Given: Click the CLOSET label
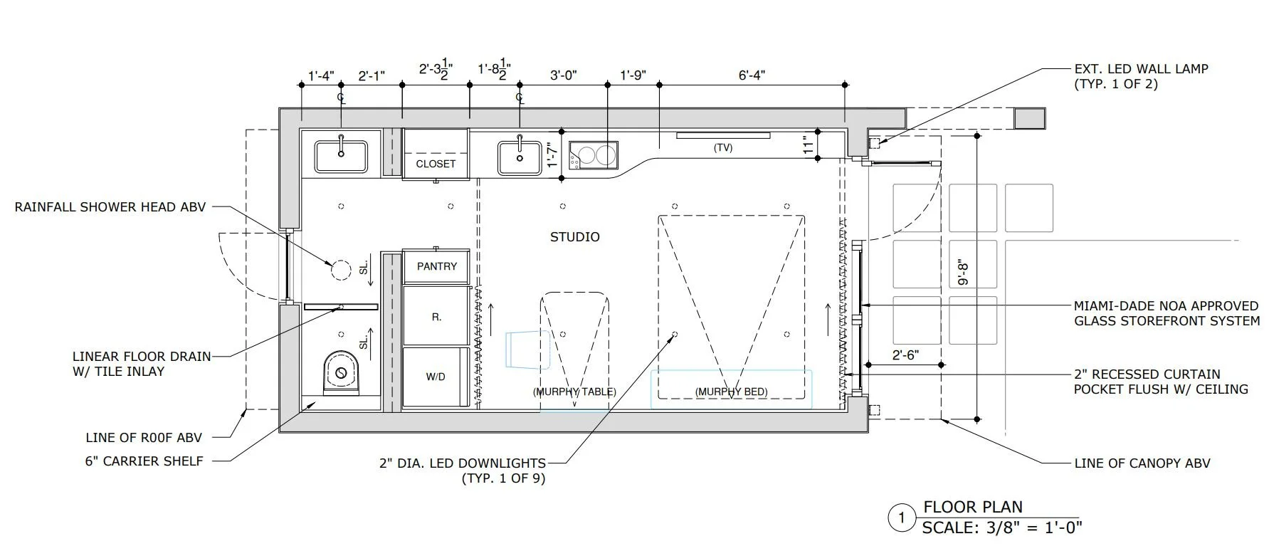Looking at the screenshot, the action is (436, 164).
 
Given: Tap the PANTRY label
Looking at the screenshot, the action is (437, 266).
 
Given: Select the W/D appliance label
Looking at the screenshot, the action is (436, 377).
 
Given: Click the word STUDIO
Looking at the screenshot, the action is (575, 237).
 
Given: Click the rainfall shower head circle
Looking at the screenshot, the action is (341, 269).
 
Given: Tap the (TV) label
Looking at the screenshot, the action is (723, 148).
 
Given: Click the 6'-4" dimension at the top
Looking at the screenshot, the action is (752, 75).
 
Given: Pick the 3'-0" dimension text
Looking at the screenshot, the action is (563, 75).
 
